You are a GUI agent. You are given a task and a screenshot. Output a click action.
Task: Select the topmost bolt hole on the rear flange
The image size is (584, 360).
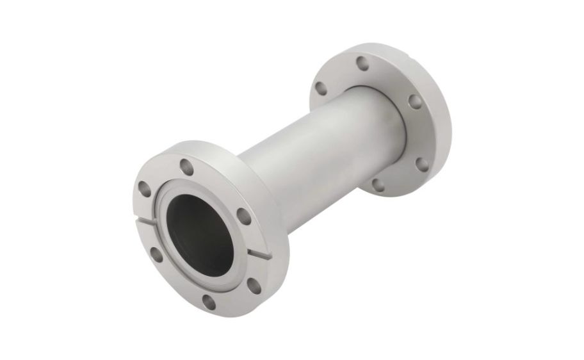[362, 63]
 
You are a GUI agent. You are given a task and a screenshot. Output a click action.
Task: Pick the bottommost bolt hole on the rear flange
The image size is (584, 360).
[378, 185]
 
